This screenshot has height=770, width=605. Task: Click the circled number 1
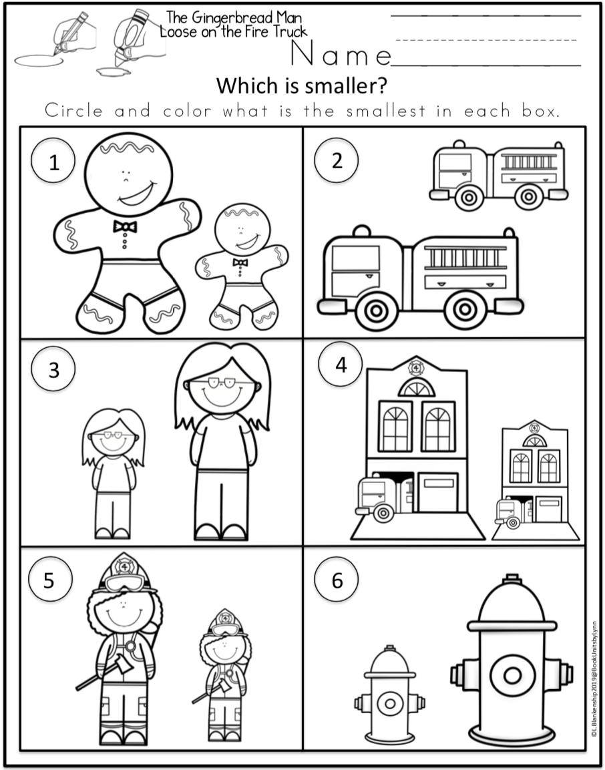click(x=53, y=163)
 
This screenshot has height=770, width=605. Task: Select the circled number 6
click(x=337, y=580)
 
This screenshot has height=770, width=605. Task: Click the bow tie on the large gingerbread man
click(x=125, y=227)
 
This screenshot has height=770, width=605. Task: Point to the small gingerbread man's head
click(x=238, y=231)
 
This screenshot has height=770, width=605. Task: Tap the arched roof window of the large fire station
click(x=416, y=387)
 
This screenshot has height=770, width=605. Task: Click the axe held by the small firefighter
click(x=214, y=688)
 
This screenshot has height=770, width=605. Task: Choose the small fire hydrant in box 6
click(x=389, y=696)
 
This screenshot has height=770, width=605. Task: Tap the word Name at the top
click(x=341, y=54)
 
